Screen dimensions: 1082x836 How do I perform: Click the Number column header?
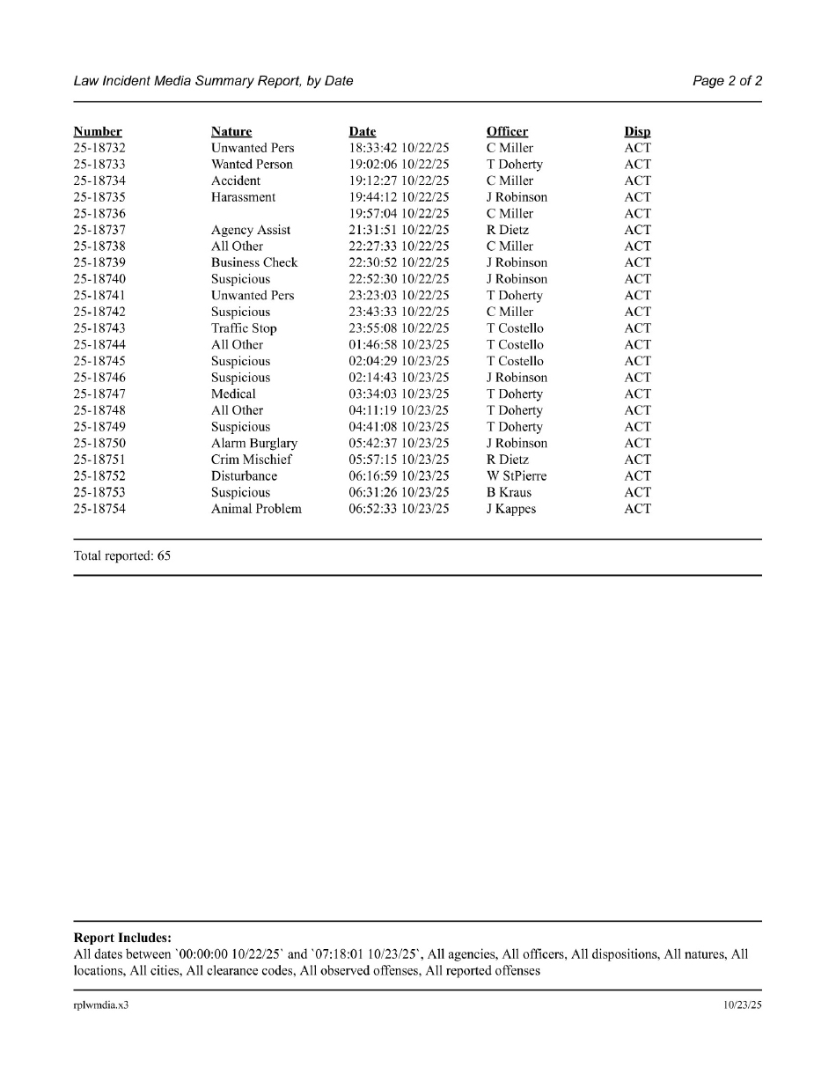pyautogui.click(x=98, y=132)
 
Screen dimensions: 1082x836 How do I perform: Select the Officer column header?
pyautogui.click(x=507, y=132)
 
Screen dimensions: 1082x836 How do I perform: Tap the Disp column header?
pyautogui.click(x=637, y=132)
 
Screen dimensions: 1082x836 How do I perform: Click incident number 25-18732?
pyautogui.click(x=99, y=148)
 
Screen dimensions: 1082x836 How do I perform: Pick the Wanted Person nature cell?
pyautogui.click(x=252, y=165)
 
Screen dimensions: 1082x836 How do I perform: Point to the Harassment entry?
pyautogui.click(x=243, y=197)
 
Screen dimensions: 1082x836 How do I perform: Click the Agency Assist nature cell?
pyautogui.click(x=251, y=230)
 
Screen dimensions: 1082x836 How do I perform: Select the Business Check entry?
pyautogui.click(x=254, y=262)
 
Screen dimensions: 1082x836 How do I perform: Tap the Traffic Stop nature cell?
pyautogui.click(x=244, y=328)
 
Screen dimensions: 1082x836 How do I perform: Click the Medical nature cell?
pyautogui.click(x=233, y=394)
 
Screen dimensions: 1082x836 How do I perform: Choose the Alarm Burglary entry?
pyautogui.click(x=254, y=443)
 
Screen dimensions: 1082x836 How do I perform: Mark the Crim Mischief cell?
pyautogui.click(x=251, y=460)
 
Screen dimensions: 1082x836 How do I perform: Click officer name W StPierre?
pyautogui.click(x=517, y=476)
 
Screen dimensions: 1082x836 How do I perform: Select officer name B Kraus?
pyautogui.click(x=509, y=492)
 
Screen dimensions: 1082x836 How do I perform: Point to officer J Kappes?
pyautogui.click(x=511, y=509)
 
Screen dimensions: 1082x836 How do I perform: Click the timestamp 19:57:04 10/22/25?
pyautogui.click(x=399, y=214)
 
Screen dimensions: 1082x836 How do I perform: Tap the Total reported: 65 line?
pyautogui.click(x=122, y=556)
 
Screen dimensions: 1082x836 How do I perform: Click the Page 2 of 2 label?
pyautogui.click(x=727, y=81)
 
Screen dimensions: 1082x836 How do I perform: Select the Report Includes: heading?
pyautogui.click(x=122, y=938)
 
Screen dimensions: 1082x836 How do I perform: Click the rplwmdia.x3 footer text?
pyautogui.click(x=101, y=1005)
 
